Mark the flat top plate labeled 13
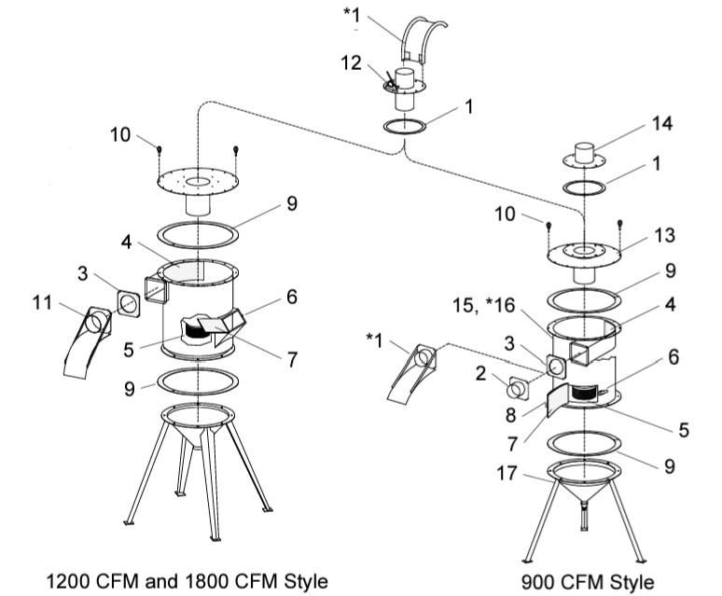point(583,253)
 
